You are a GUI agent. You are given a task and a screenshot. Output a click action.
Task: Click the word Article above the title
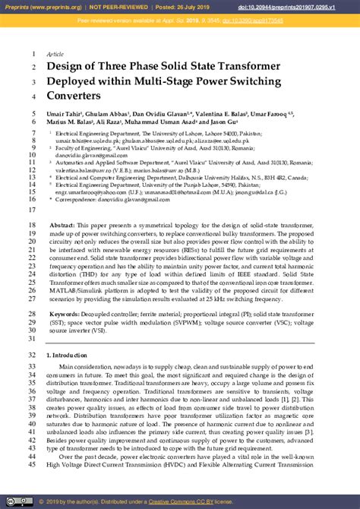[x=55, y=55]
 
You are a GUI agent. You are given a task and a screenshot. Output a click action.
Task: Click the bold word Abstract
[x=63, y=226]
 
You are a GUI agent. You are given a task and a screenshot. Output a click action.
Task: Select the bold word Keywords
[x=67, y=314]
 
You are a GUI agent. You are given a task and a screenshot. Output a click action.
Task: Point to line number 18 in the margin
[x=33, y=226]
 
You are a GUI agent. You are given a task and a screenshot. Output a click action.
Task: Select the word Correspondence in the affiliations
[x=82, y=200]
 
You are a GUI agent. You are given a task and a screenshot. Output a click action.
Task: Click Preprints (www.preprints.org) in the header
[x=39, y=7]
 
